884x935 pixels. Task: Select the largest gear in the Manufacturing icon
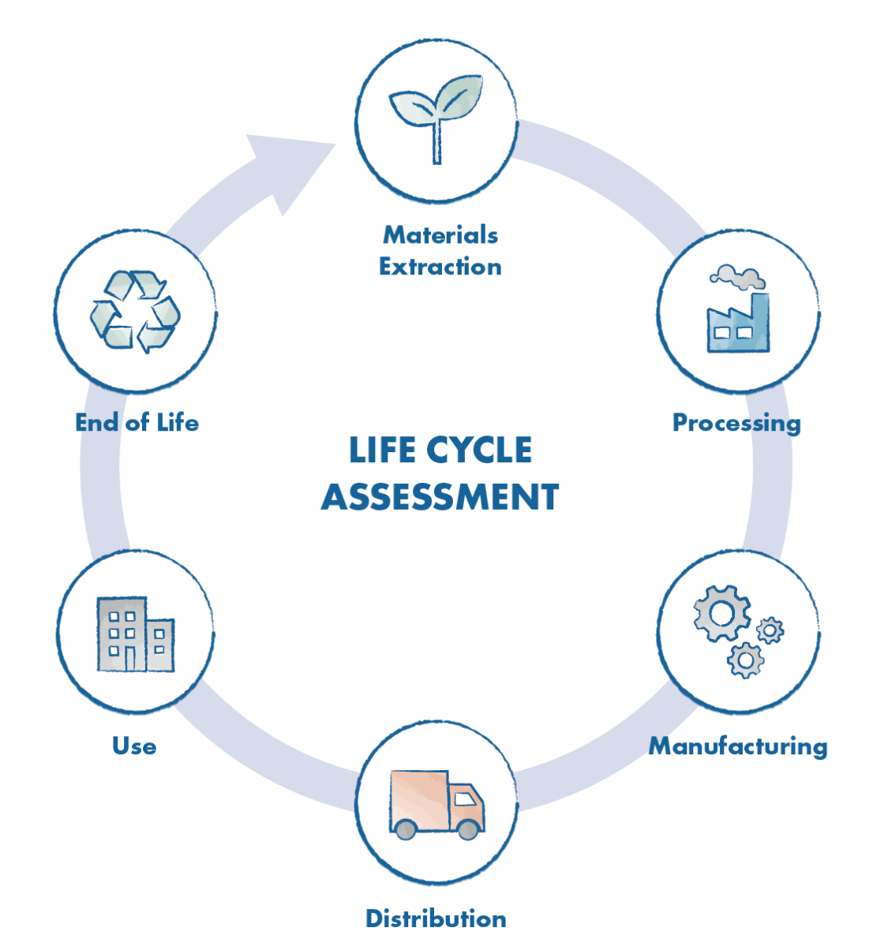720,611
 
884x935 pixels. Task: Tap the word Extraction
440,267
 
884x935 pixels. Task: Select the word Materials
440,234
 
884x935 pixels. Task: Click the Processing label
736,423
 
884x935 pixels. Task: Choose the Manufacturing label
738,746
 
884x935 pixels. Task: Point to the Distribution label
436,918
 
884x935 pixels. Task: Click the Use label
134,746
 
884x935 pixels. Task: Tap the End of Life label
137,423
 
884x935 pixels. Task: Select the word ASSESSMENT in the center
440,497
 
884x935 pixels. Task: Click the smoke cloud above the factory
737,276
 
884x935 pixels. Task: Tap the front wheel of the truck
468,829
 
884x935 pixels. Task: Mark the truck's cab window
465,798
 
